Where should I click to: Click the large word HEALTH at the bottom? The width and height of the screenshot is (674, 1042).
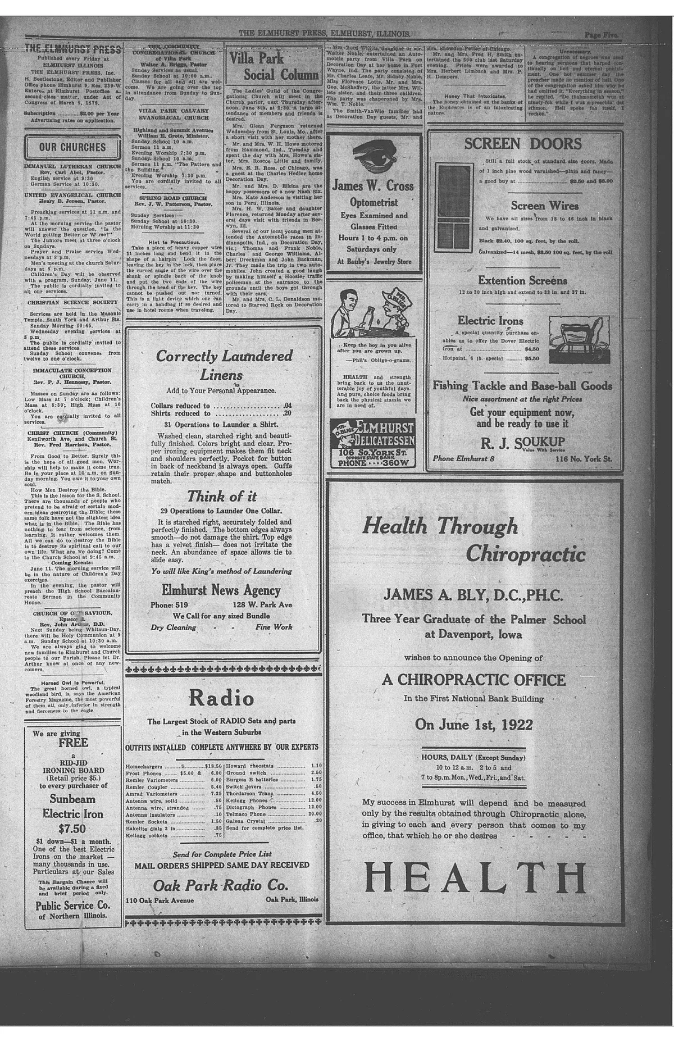475,877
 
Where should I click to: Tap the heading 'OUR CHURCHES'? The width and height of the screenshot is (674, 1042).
72,148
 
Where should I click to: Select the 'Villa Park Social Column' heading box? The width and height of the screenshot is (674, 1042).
274,66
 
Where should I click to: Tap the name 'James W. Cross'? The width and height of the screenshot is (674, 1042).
373,186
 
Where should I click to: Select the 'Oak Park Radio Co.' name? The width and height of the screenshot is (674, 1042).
220,885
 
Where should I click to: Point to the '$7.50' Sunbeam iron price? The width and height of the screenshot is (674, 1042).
72,829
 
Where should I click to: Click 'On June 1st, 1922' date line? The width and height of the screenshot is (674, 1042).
473,724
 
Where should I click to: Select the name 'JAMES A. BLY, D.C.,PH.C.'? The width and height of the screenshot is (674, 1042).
473,595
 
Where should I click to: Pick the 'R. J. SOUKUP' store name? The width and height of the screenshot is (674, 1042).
523,443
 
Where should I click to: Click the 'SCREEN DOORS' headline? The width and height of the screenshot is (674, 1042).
523,144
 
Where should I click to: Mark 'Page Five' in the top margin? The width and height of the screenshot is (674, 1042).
600,34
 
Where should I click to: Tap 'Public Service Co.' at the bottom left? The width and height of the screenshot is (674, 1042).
72,906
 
